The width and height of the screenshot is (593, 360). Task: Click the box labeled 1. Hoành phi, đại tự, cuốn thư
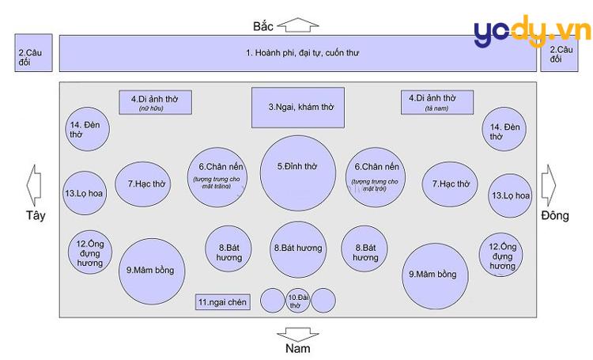pos(297,53)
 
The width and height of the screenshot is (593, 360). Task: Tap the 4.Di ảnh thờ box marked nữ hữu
pos(155,102)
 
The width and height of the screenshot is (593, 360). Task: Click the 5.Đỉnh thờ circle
pos(297,167)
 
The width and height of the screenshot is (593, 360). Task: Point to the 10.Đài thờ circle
pos(296,301)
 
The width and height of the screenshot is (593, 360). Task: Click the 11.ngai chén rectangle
pos(223,301)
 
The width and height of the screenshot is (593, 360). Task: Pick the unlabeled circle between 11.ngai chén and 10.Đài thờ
pos(272,301)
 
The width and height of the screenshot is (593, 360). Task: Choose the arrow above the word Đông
pos(550,184)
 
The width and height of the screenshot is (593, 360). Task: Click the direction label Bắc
pos(263,27)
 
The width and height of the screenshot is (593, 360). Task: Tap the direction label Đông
pos(555,215)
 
